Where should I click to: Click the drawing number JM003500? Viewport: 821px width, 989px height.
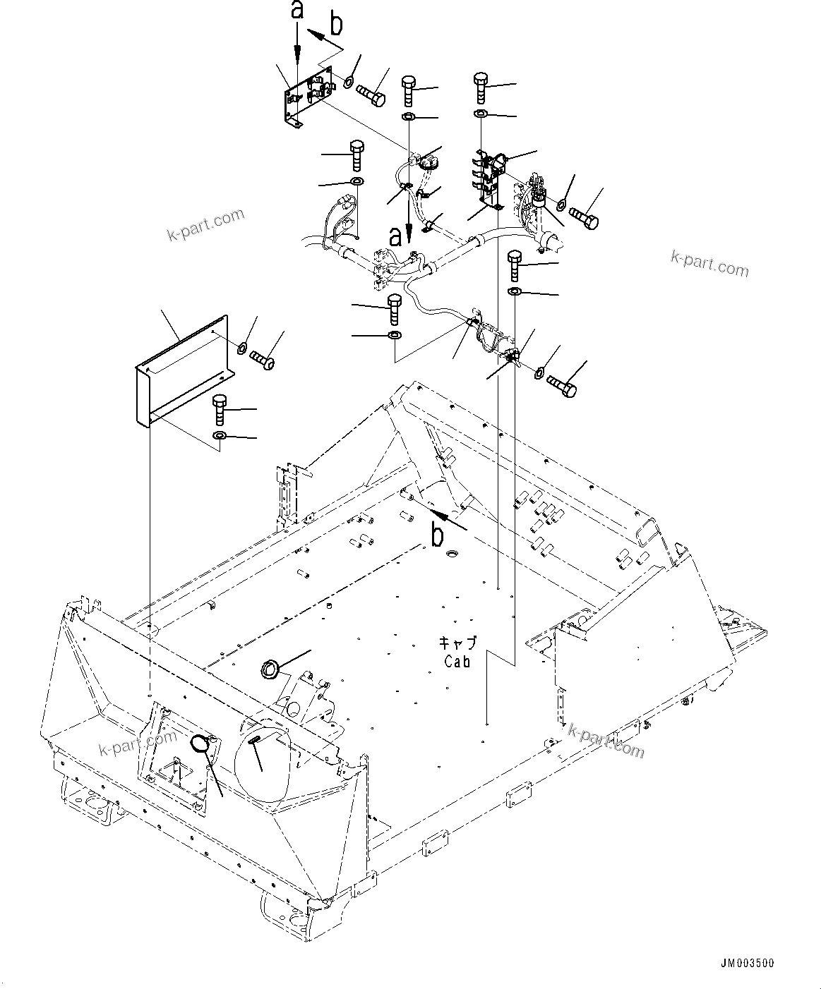pyautogui.click(x=747, y=963)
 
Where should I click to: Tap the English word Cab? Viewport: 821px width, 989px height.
pyautogui.click(x=458, y=661)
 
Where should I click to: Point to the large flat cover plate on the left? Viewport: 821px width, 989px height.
pyautogui.click(x=180, y=370)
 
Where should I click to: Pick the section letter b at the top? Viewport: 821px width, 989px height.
pyautogui.click(x=337, y=25)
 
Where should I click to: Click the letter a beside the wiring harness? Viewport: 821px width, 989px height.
pyautogui.click(x=396, y=236)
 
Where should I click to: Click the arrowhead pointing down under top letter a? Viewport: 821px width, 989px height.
pyautogui.click(x=297, y=48)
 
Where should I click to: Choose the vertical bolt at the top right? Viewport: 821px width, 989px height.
pyautogui.click(x=481, y=87)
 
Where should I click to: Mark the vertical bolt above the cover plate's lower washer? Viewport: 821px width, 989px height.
pyautogui.click(x=220, y=409)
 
